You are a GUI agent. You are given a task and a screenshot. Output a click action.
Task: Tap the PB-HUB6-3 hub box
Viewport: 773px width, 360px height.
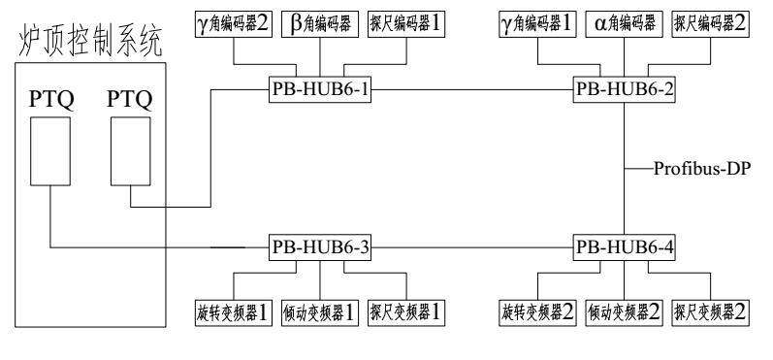point(319,247)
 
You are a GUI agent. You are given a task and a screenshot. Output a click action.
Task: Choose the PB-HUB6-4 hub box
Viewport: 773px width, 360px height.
point(622,247)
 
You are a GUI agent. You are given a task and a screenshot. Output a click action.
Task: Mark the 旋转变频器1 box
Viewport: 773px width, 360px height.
point(233,314)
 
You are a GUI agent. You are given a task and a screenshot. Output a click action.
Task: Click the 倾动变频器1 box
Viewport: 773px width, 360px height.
point(319,314)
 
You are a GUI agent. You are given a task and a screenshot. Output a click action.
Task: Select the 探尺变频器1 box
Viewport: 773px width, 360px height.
point(406,314)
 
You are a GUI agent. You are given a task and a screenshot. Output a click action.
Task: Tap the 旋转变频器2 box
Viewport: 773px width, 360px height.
point(535,314)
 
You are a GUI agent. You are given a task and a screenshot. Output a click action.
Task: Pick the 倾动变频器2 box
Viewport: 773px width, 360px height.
point(622,314)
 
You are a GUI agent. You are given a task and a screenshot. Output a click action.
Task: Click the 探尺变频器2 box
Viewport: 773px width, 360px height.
point(710,314)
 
